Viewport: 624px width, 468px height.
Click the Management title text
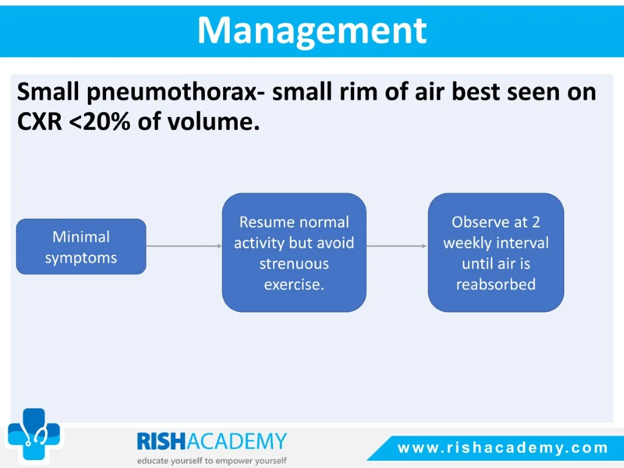[312, 31]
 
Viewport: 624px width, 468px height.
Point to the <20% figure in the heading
[100, 121]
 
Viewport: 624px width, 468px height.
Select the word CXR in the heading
[40, 121]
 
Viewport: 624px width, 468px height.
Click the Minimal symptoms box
[81, 246]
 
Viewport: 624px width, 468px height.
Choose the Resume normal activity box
[294, 252]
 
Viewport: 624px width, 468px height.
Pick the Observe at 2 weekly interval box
[496, 252]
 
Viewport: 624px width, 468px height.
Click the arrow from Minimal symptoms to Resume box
[184, 246]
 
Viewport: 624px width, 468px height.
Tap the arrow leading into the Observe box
[397, 246]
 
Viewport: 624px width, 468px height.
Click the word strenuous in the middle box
[294, 263]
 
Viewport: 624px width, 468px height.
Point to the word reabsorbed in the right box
[496, 284]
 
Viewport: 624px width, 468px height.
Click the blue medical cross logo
[34, 434]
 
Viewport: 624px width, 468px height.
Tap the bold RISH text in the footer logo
[161, 441]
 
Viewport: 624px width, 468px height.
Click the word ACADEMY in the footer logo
[237, 441]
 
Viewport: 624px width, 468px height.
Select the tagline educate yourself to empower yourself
[211, 461]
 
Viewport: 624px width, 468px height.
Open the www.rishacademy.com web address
[503, 448]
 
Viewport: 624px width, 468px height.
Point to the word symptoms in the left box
[81, 258]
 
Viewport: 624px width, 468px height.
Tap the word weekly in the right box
[467, 243]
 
